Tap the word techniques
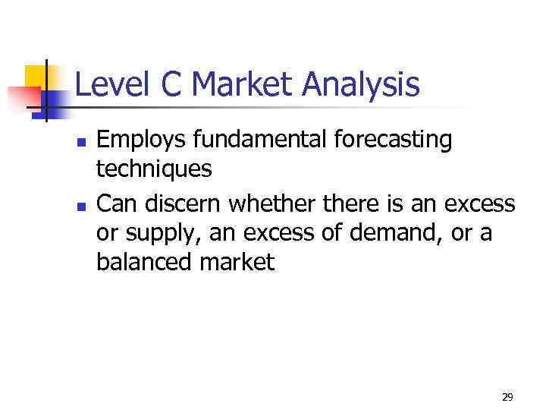click(x=154, y=171)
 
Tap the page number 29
click(x=507, y=397)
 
